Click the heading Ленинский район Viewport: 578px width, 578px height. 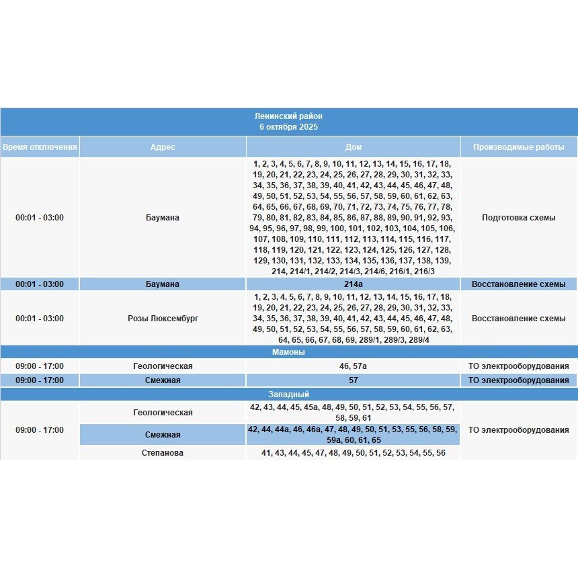(288, 116)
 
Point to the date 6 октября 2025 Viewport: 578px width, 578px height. (288, 126)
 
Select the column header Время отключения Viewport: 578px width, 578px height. (40, 147)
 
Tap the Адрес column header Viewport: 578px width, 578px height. (163, 147)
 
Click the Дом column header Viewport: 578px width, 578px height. (353, 147)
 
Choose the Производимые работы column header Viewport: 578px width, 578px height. (518, 147)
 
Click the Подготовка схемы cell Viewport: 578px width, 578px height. (518, 218)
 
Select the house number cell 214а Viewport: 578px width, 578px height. (353, 284)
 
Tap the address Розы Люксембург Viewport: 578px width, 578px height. (163, 319)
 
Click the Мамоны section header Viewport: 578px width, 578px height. (288, 352)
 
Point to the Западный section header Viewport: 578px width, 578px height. (288, 395)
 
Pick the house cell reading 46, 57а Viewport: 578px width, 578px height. (353, 366)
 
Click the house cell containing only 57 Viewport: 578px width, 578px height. (353, 380)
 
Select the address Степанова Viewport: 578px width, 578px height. (163, 453)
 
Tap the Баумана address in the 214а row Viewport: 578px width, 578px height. (163, 284)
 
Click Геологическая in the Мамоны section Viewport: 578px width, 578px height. (163, 366)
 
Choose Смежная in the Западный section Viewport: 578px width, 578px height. (163, 435)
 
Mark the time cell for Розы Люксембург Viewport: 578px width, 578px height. (40, 319)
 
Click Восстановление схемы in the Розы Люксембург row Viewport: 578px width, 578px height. (518, 319)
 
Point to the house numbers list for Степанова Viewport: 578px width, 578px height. (353, 453)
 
